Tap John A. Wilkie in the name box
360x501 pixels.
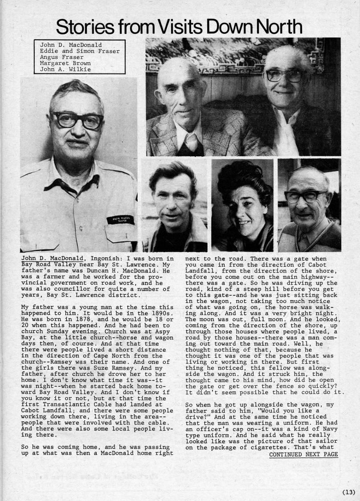coord(65,69)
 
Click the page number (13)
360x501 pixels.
coord(348,492)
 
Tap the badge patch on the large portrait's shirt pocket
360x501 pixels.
coord(120,219)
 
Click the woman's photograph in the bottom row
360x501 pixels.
coord(242,205)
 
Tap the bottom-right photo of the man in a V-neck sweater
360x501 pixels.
coord(309,205)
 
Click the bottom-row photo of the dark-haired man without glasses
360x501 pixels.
coord(175,205)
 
